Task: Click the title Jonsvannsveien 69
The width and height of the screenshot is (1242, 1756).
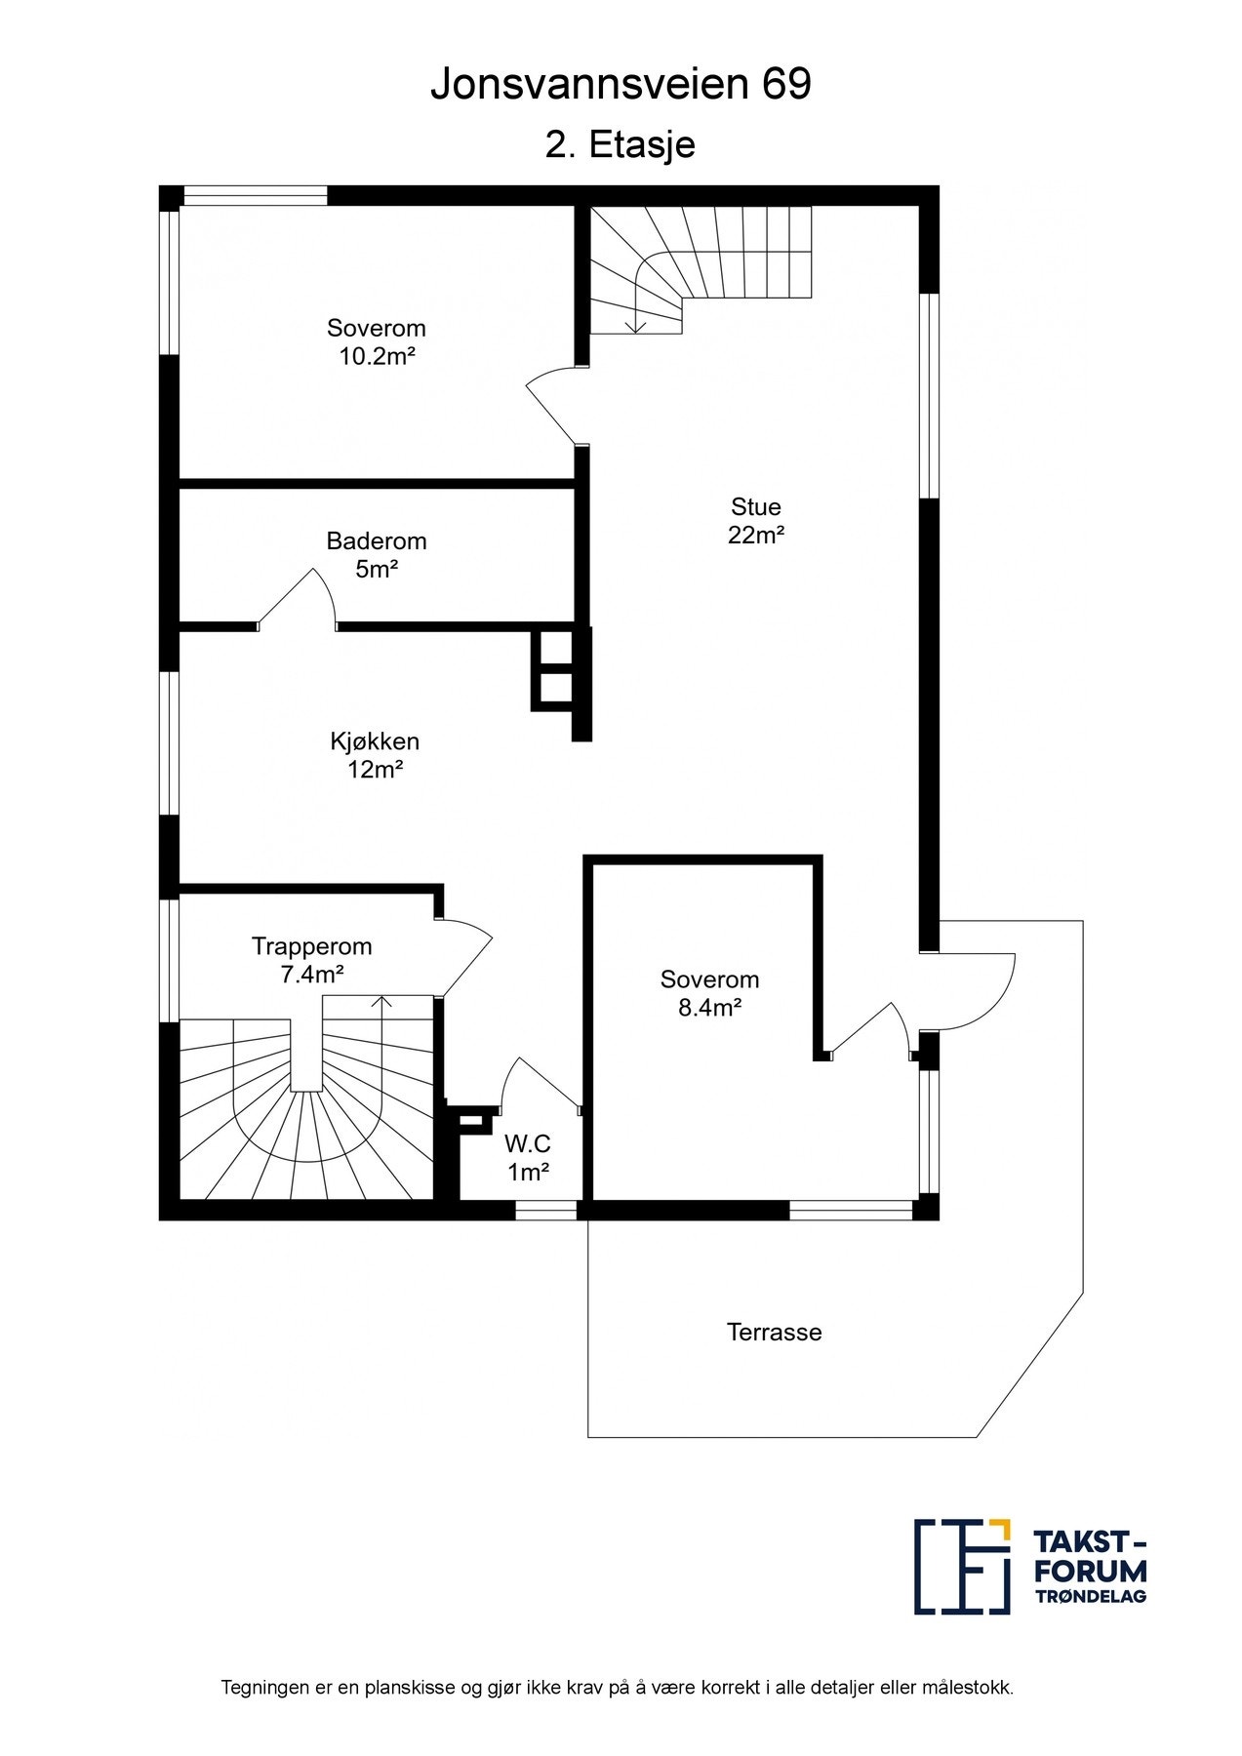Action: [x=621, y=86]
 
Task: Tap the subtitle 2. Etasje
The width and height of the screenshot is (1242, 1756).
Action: [x=621, y=145]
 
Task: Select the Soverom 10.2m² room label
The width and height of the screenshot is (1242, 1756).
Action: [x=377, y=341]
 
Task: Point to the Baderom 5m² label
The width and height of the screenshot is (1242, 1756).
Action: [x=377, y=554]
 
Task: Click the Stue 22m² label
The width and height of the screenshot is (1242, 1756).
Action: [x=756, y=520]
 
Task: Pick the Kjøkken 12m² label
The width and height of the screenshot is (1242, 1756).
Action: [x=376, y=755]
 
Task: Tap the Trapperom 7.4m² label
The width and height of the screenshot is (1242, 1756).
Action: [x=312, y=959]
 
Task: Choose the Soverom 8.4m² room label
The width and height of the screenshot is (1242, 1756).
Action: [x=709, y=993]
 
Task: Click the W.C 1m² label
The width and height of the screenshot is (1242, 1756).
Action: [x=528, y=1157]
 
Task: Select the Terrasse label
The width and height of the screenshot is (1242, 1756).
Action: [x=775, y=1332]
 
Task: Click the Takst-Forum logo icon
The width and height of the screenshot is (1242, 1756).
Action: [x=962, y=1566]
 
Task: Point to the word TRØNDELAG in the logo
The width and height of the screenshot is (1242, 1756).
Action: [x=1089, y=1596]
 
